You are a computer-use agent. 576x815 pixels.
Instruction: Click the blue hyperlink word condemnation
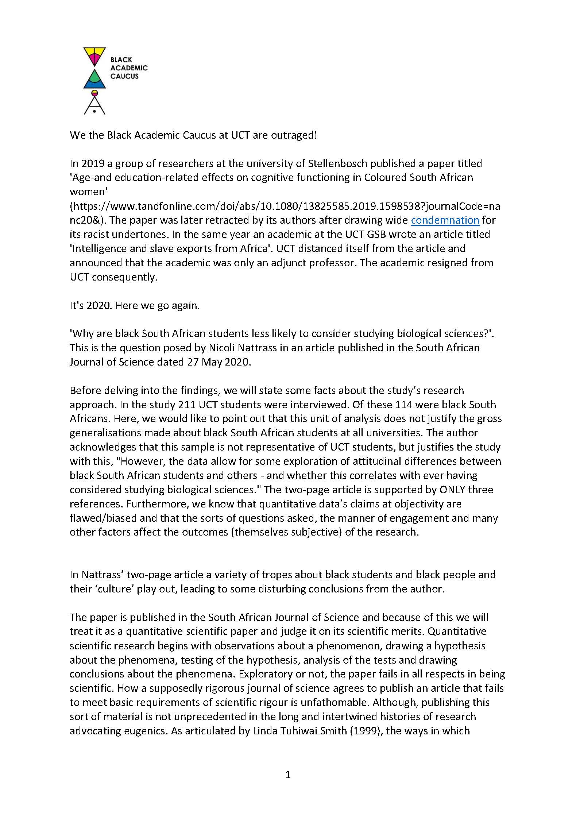tap(445, 220)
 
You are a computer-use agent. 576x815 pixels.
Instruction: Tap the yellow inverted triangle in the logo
tap(94, 54)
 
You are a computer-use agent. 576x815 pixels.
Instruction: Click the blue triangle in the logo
tap(94, 80)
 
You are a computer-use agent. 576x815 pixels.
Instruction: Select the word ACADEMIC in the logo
tap(129, 68)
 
